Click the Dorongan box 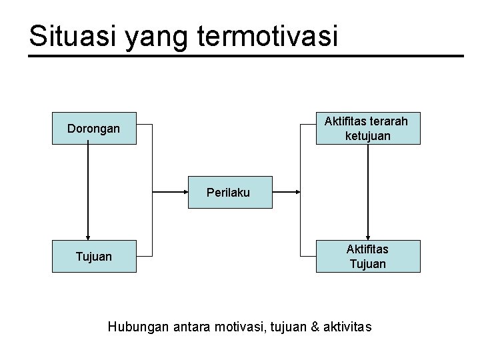(x=94, y=128)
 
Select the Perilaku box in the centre (x=229, y=192)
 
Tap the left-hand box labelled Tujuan (x=94, y=256)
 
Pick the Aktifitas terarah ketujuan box (x=367, y=128)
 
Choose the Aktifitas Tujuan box (x=367, y=256)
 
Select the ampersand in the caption (x=315, y=327)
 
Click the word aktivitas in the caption (x=348, y=327)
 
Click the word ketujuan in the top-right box (x=367, y=136)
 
